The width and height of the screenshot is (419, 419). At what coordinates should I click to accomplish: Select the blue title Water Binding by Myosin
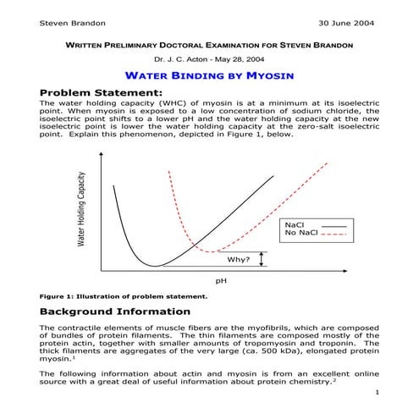(x=209, y=76)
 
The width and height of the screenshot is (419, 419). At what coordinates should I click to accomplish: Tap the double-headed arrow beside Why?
(x=263, y=258)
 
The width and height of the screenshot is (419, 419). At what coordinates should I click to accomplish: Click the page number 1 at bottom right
(x=375, y=394)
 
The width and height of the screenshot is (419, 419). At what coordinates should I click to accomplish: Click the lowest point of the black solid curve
(x=154, y=266)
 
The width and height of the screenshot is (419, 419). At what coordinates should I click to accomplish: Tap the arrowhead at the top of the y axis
(x=102, y=155)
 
